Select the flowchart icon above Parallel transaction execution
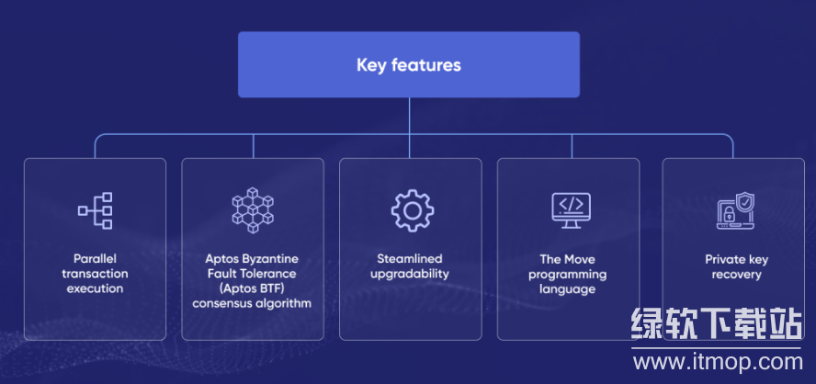coord(95,210)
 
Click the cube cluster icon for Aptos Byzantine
coord(253,210)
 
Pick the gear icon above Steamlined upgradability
coord(411,210)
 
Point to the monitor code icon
coord(568,210)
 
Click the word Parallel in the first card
coord(95,259)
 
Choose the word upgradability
coord(410,274)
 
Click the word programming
coord(568,274)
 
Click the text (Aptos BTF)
coord(253,288)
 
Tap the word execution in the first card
coord(95,288)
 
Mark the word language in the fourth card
coord(568,288)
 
